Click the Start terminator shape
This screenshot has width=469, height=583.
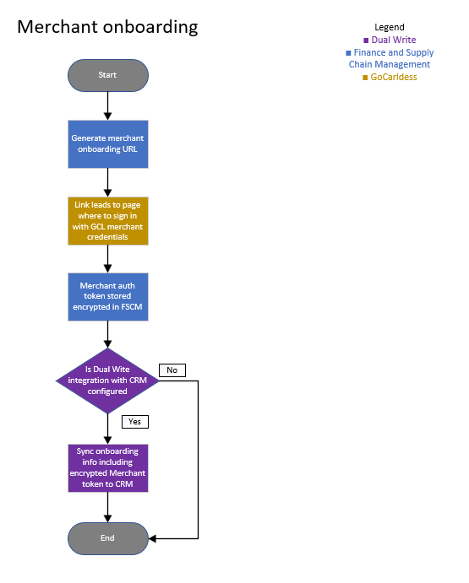(x=108, y=75)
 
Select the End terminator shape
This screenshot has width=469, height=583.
(x=108, y=538)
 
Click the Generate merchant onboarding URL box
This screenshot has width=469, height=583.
(x=108, y=144)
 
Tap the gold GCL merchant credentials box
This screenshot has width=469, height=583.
(x=108, y=221)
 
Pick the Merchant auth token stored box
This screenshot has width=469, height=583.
(x=108, y=297)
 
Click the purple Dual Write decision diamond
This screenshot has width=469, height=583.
(x=107, y=381)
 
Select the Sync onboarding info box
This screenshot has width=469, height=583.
(x=108, y=468)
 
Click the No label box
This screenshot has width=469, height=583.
(x=172, y=370)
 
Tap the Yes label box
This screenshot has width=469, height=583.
(x=135, y=422)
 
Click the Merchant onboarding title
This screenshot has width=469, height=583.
(x=107, y=27)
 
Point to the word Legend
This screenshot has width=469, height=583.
(x=390, y=27)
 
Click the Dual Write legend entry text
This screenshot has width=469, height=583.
(x=394, y=40)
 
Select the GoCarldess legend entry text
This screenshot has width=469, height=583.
(x=394, y=77)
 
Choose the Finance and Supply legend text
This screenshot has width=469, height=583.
(x=394, y=52)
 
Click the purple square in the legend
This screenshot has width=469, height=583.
(x=366, y=40)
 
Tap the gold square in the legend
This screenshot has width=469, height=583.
(x=365, y=78)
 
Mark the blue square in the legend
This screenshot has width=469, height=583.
(x=348, y=53)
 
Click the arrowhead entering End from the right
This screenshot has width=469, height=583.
(x=152, y=538)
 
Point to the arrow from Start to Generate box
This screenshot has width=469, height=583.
(x=107, y=106)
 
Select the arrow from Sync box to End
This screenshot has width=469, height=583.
(x=107, y=508)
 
